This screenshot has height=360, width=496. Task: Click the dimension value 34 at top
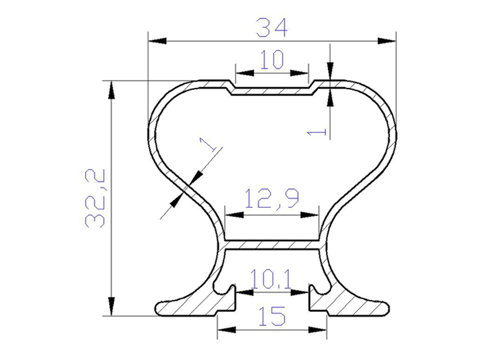point(272,27)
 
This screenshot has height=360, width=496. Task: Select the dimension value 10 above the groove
point(272,59)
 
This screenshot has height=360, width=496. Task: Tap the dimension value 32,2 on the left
point(95,198)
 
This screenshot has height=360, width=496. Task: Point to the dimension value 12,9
point(272,198)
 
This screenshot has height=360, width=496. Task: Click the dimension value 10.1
point(271,279)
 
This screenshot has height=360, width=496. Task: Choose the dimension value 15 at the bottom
point(272,316)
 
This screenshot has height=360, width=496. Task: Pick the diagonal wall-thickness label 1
point(208,144)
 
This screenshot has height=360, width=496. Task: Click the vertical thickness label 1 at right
point(317,131)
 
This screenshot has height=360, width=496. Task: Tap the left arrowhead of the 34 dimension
point(157,41)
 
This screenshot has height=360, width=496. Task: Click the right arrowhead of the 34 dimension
point(387,41)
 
